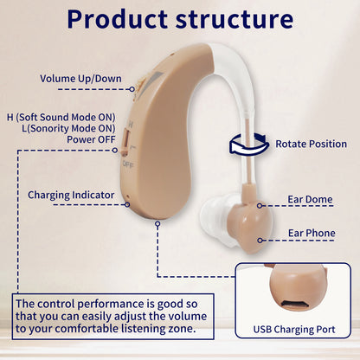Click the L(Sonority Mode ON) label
[x=67, y=125]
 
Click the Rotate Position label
[x=312, y=144]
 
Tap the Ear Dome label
[x=310, y=200]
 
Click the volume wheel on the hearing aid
[x=137, y=86]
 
